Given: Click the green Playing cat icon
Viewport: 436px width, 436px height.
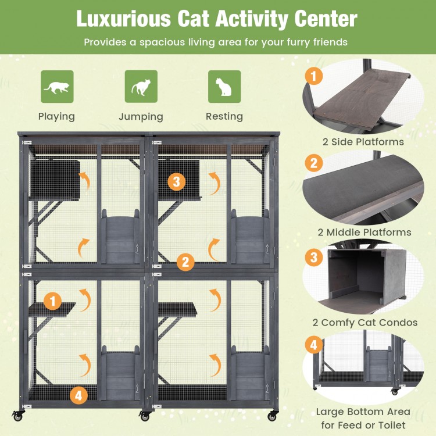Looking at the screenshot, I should coord(57,87).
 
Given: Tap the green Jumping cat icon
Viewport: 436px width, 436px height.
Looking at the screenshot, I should coord(141,87).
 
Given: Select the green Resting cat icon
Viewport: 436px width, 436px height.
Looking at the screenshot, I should coord(224,87).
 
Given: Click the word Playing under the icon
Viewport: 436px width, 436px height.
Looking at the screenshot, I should coord(56,116).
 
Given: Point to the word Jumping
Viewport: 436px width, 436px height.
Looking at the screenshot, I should coord(141,116).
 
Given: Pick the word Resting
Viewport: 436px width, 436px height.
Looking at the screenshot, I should coord(224,116).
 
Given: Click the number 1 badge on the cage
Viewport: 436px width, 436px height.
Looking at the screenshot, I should coord(53,301).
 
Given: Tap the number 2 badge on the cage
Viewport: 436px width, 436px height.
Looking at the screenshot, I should coord(185,262).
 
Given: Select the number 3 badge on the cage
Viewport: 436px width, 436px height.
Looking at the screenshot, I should coord(177,181).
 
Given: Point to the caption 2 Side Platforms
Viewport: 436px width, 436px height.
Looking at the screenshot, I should coord(363,141).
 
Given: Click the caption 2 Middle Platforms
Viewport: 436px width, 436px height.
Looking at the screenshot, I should coord(363,232).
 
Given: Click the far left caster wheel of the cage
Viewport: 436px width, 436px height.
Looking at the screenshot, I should coord(17,416).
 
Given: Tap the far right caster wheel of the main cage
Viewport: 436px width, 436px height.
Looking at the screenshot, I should coord(272,416).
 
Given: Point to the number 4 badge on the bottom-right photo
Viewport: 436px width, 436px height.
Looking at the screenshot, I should coord(314,345).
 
